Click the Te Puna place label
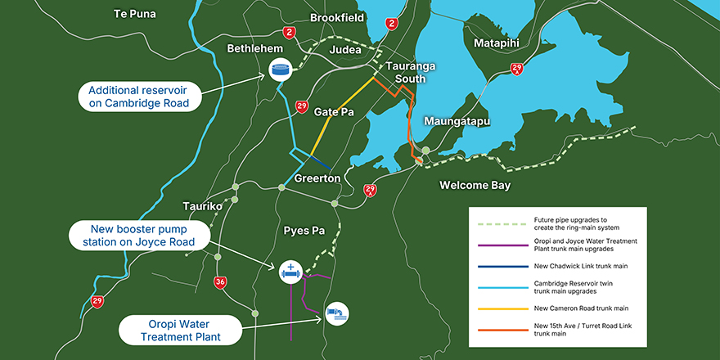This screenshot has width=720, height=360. [135, 14]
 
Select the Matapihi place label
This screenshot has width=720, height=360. [498, 43]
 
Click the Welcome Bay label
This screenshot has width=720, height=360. [475, 186]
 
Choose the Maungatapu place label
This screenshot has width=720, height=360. [457, 121]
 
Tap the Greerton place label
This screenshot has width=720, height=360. [317, 178]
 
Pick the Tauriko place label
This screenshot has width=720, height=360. [203, 206]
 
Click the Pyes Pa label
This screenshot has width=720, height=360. [303, 231]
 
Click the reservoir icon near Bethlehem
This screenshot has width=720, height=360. [281, 70]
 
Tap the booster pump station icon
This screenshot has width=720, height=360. [290, 272]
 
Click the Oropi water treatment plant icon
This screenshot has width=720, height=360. [336, 313]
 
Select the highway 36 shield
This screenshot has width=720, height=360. [221, 282]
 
